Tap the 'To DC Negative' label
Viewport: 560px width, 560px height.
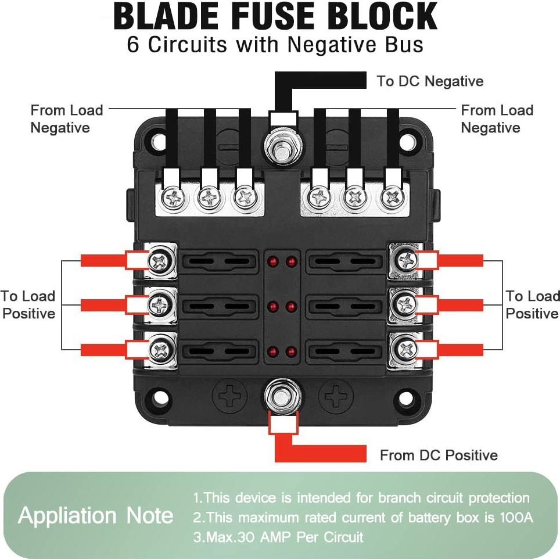click(x=430, y=81)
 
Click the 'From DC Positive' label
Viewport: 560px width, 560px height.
click(x=439, y=455)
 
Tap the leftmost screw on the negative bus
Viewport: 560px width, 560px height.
click(x=174, y=199)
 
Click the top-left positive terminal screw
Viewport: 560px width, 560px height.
click(x=159, y=260)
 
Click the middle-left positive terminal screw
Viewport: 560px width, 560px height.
click(x=159, y=304)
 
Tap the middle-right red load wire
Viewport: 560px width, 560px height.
click(x=459, y=304)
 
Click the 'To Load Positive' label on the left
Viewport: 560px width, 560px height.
click(x=28, y=304)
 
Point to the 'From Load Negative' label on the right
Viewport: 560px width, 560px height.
click(x=497, y=119)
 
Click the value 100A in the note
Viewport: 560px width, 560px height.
click(x=516, y=517)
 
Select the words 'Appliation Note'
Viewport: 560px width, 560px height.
click(x=96, y=516)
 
